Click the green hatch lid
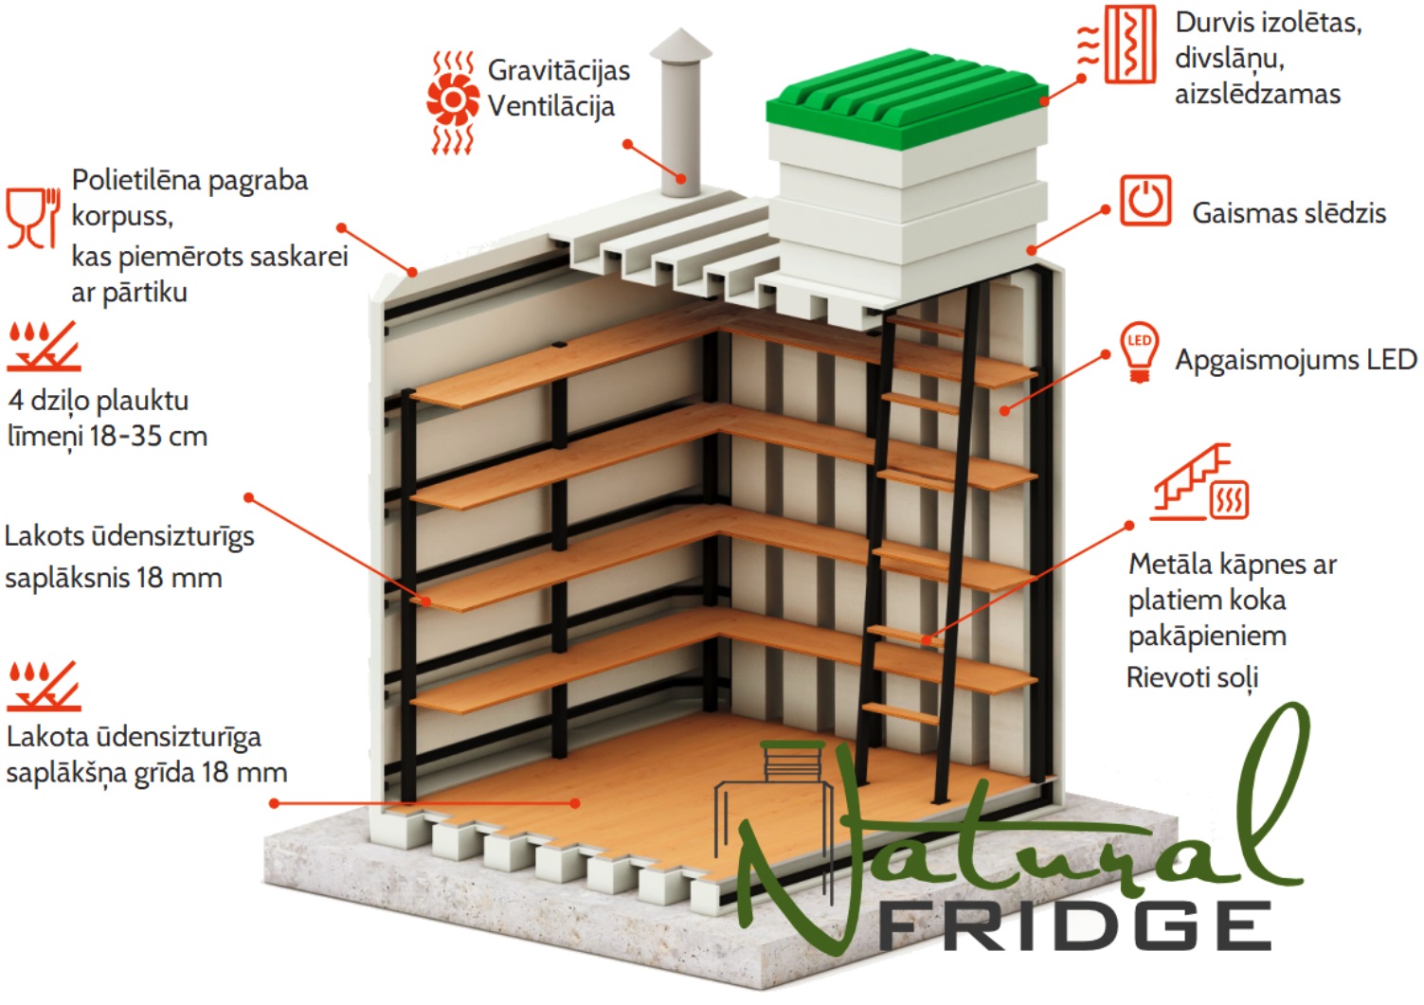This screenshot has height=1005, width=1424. pos(906,99)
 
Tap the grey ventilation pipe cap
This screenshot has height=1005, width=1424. pos(680,45)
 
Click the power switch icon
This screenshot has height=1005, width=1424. pos(1145,200)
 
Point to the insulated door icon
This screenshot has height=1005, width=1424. pos(1117,45)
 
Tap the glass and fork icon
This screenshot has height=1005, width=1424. pos(33,218)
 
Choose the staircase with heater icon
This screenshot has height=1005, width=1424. pos(1199,481)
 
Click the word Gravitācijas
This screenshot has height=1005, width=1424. pos(559,70)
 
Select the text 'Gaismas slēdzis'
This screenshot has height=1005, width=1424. pos(1289,213)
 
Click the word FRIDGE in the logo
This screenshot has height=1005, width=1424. pos(1074,925)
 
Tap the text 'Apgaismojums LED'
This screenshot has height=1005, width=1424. pos(1295,360)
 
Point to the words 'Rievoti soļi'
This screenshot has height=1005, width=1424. pos(1192,677)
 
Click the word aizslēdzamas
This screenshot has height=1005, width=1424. pos(1257,94)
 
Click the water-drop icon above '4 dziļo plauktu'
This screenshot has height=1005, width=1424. pos(44,346)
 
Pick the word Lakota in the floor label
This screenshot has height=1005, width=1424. pos(47,737)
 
